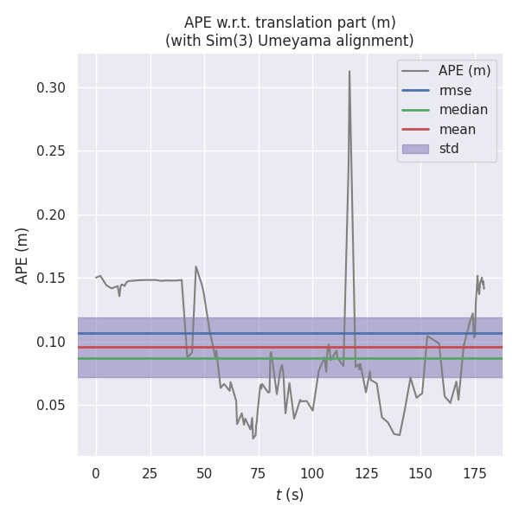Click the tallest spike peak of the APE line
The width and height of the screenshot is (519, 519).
349,72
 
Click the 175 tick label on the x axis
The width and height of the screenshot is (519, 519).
475,473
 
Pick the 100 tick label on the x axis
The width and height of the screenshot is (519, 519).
312,473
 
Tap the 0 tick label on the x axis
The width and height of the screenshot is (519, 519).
96,473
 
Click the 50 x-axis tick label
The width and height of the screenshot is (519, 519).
204,473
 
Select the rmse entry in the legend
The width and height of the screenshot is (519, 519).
455,91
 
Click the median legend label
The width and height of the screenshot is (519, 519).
463,110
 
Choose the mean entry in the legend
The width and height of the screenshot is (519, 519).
457,129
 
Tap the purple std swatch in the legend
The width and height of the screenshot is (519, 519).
415,149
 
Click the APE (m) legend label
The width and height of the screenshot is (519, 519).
465,71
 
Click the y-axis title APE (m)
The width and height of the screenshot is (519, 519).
22,255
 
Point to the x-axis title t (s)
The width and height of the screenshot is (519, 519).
290,495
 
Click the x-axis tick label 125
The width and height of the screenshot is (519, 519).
367,473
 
